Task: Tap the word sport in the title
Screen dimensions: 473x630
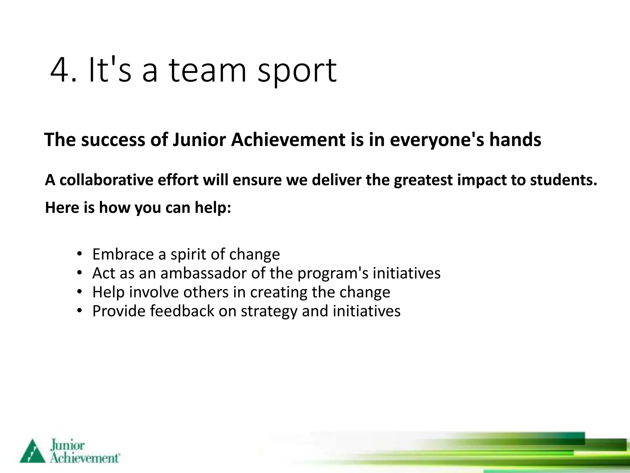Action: pos(297,72)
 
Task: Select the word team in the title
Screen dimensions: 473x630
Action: pos(208,71)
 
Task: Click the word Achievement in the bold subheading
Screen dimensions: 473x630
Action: pos(288,140)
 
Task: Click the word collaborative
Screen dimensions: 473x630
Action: pos(106,180)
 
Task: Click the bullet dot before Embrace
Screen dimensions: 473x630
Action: pos(80,254)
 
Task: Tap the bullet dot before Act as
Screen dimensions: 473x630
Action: pos(80,273)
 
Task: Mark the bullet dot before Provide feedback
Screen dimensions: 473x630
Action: pos(80,311)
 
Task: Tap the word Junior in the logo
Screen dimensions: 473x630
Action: pos(67,446)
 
